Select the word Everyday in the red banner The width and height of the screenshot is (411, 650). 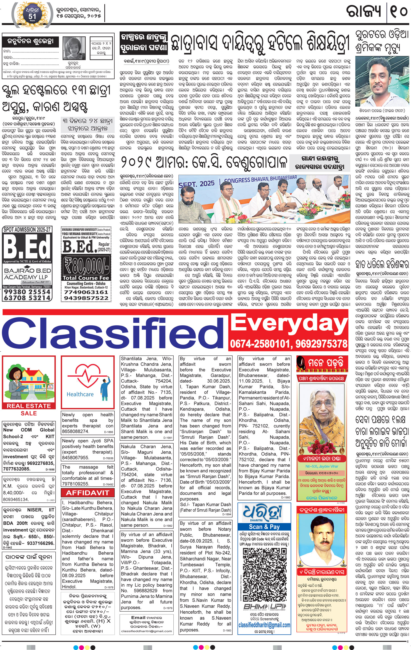pos(289,323)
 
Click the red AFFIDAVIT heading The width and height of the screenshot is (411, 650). pos(87,493)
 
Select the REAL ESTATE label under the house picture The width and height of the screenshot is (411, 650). pos(29,406)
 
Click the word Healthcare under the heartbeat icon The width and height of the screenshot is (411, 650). pos(80,394)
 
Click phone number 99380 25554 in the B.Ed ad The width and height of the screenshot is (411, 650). pos(27,292)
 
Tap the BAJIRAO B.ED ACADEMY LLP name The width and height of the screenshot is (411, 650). pos(27,273)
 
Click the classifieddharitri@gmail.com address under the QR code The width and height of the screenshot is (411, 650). pos(264,625)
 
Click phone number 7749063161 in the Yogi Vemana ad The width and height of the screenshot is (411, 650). pos(86,292)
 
